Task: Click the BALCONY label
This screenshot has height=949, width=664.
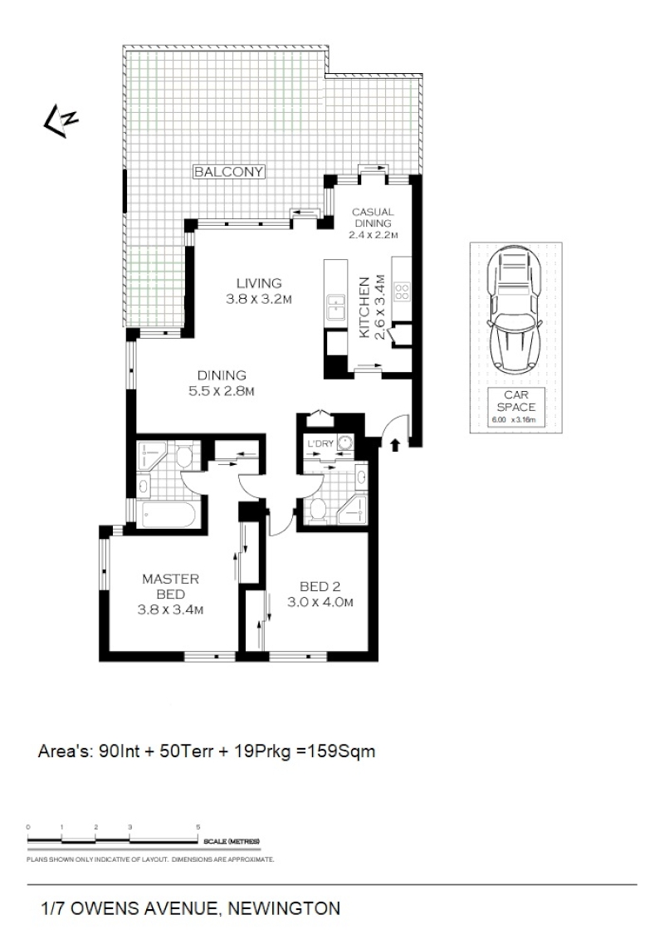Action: (229, 172)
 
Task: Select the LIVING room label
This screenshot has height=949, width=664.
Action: (258, 282)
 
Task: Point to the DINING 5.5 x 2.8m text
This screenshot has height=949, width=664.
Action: (221, 383)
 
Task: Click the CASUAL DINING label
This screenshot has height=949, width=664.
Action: (373, 218)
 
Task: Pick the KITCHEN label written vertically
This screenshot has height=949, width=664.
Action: (364, 307)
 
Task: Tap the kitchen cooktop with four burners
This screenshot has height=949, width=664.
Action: (403, 292)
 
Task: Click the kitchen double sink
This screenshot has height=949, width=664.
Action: (335, 307)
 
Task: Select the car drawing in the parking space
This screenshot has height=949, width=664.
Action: (515, 312)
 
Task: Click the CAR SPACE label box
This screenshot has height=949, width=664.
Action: (515, 407)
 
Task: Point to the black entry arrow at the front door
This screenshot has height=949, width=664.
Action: (394, 445)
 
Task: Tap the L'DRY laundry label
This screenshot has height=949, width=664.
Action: (320, 443)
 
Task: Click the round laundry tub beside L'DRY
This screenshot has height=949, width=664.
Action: (345, 443)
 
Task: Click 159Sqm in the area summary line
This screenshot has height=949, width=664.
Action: (341, 751)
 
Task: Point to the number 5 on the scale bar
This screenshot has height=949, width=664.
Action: (198, 827)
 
